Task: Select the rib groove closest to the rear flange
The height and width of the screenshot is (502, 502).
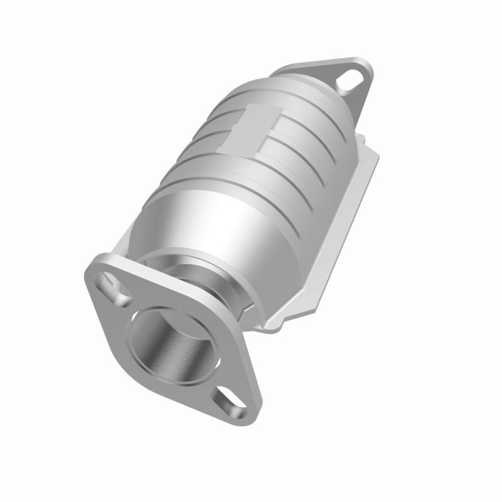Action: click(x=295, y=107)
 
